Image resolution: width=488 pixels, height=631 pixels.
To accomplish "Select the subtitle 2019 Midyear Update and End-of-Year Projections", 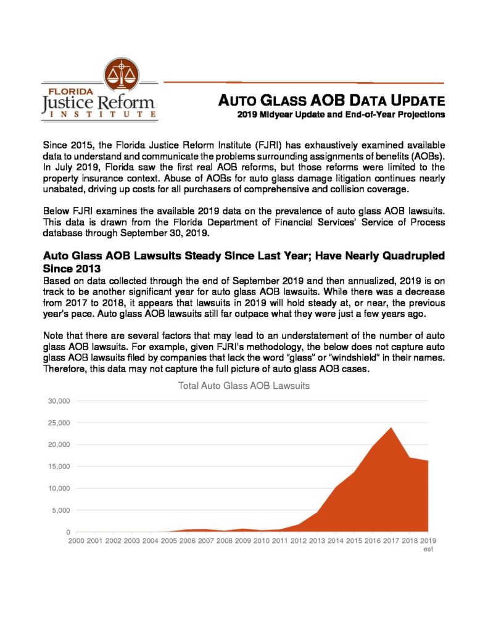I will tap(341, 115).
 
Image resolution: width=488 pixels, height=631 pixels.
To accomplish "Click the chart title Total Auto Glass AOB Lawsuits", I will tap(244, 386).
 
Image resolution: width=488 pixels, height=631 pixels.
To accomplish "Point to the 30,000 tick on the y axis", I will tap(59, 401).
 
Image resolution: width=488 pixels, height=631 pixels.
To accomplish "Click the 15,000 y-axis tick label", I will tap(59, 466).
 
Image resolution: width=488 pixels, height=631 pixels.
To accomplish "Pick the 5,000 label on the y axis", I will tap(62, 510).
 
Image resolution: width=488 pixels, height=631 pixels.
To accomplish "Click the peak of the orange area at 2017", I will tap(391, 428).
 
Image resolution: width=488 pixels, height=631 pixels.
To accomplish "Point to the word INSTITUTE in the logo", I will tap(99, 115).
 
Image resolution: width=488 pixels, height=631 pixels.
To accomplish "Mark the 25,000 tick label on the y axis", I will tap(59, 423).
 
